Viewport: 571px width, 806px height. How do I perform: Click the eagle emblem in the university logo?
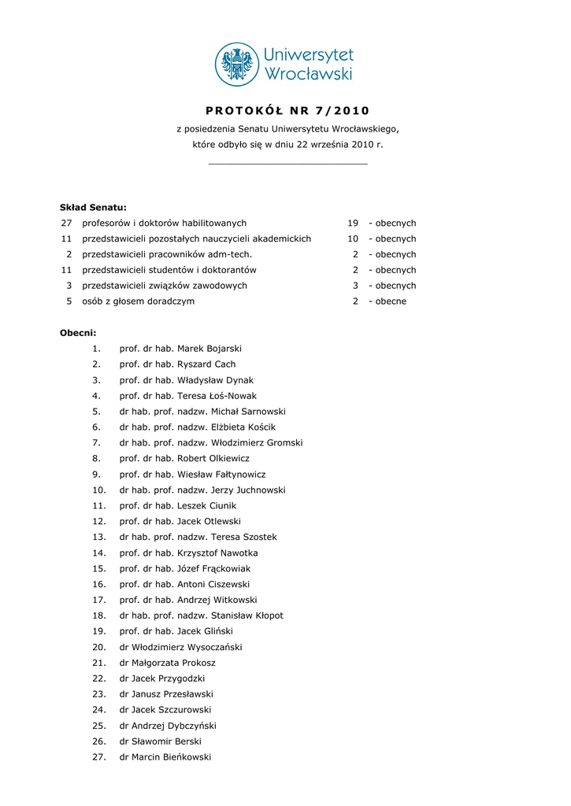pyautogui.click(x=237, y=65)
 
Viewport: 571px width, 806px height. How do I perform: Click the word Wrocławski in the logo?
pyautogui.click(x=307, y=75)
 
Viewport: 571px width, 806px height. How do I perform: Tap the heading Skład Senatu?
pyautogui.click(x=93, y=208)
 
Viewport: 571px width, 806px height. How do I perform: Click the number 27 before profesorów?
pyautogui.click(x=66, y=224)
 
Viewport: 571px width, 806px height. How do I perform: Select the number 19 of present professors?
pyautogui.click(x=353, y=224)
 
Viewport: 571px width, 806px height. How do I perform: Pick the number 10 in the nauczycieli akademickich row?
pyautogui.click(x=353, y=239)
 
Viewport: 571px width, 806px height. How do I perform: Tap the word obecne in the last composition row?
pyautogui.click(x=391, y=301)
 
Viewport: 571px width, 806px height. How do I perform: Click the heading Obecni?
pyautogui.click(x=78, y=333)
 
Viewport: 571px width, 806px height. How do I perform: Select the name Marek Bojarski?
pyautogui.click(x=209, y=349)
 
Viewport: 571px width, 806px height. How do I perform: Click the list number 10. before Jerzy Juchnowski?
pyautogui.click(x=99, y=490)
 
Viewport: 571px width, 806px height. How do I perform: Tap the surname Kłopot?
pyautogui.click(x=263, y=616)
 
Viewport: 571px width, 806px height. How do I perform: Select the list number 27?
pyautogui.click(x=99, y=757)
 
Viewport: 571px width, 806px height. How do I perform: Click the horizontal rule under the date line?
pyautogui.click(x=287, y=164)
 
